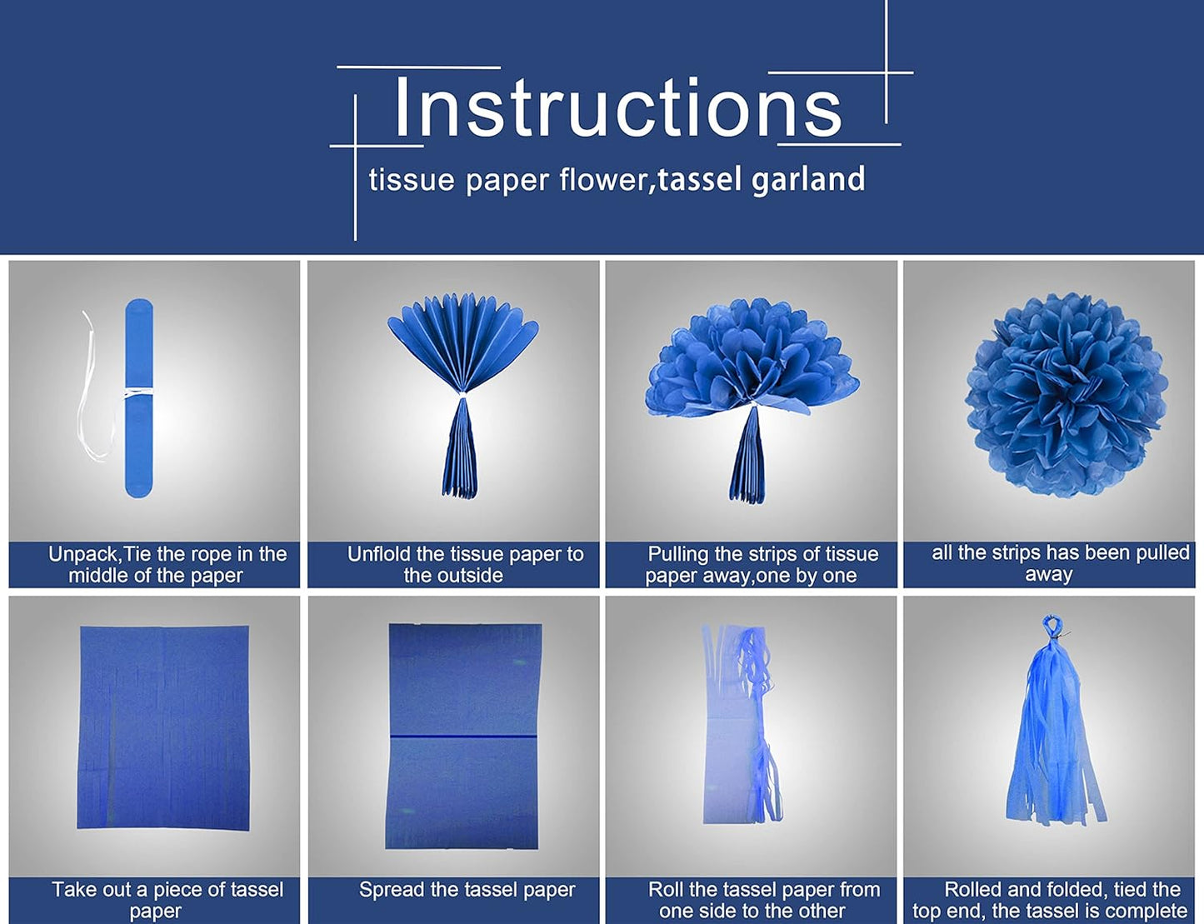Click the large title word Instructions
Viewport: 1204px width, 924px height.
(x=617, y=107)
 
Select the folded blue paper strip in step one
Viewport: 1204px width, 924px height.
(x=139, y=398)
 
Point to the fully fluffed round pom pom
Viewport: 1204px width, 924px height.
(x=1066, y=395)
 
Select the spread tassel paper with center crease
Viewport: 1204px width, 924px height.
(x=464, y=736)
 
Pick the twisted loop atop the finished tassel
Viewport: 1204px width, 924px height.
(x=1050, y=625)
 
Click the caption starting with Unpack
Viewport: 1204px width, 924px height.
(x=167, y=565)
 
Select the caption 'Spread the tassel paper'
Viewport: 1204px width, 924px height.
(x=467, y=890)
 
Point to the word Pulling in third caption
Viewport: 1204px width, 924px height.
(x=678, y=554)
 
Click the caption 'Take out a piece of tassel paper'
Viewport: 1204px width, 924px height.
(x=167, y=900)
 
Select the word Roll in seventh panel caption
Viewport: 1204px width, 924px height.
(x=666, y=890)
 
